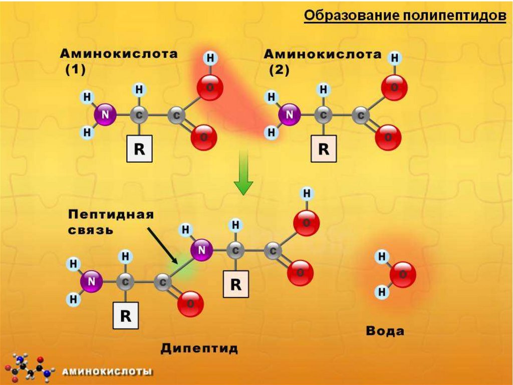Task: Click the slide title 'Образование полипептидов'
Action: coord(405,16)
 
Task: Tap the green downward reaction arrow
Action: coord(243,173)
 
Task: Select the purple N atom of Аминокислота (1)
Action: coord(105,115)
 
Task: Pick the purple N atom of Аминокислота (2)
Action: coord(289,115)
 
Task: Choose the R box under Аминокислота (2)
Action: coord(324,150)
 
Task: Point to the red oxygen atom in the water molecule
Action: coord(403,275)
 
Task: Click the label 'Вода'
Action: coord(385,331)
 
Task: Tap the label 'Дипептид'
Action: coord(199,348)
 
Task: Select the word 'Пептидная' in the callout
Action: coord(110,215)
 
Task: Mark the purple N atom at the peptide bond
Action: coord(202,249)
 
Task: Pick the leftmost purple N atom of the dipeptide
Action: coord(92,282)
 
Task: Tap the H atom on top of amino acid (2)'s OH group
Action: coord(395,58)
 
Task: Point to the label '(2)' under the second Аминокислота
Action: coord(279,70)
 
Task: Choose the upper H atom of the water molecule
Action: coord(382,258)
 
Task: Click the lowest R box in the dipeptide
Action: coord(125,316)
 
